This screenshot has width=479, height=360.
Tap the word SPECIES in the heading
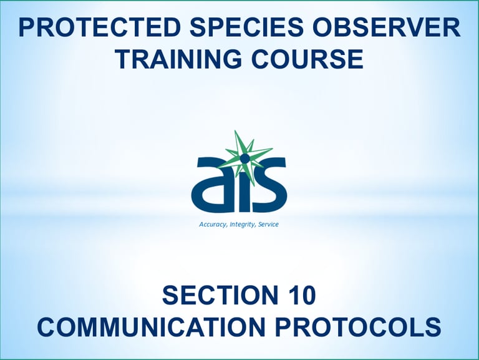tap(246, 27)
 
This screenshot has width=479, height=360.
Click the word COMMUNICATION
tap(151, 327)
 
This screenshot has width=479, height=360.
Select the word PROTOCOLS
tap(358, 327)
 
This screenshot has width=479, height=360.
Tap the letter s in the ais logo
tap(269, 185)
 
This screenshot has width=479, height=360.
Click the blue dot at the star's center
tap(244, 158)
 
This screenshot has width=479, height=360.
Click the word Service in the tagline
tap(269, 225)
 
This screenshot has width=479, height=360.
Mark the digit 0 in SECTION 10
tap(307, 295)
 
